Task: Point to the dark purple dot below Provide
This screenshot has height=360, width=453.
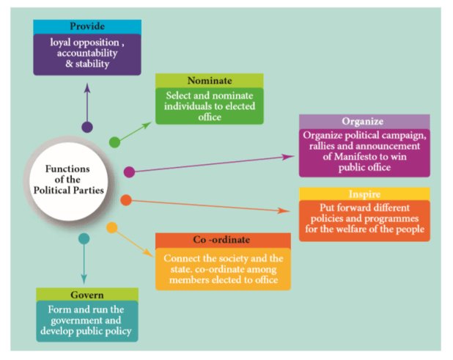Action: (x=87, y=127)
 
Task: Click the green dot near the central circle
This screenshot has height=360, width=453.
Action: (x=114, y=142)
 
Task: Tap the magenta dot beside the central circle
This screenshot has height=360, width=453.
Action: (x=129, y=172)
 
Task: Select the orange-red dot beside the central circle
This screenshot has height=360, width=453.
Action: (x=126, y=199)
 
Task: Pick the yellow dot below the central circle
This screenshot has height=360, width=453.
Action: (x=111, y=227)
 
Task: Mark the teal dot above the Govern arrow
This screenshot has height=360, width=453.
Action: (x=84, y=238)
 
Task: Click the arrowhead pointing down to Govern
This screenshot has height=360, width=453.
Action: (x=84, y=279)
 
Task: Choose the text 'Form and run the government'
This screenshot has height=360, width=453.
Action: (x=86, y=315)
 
